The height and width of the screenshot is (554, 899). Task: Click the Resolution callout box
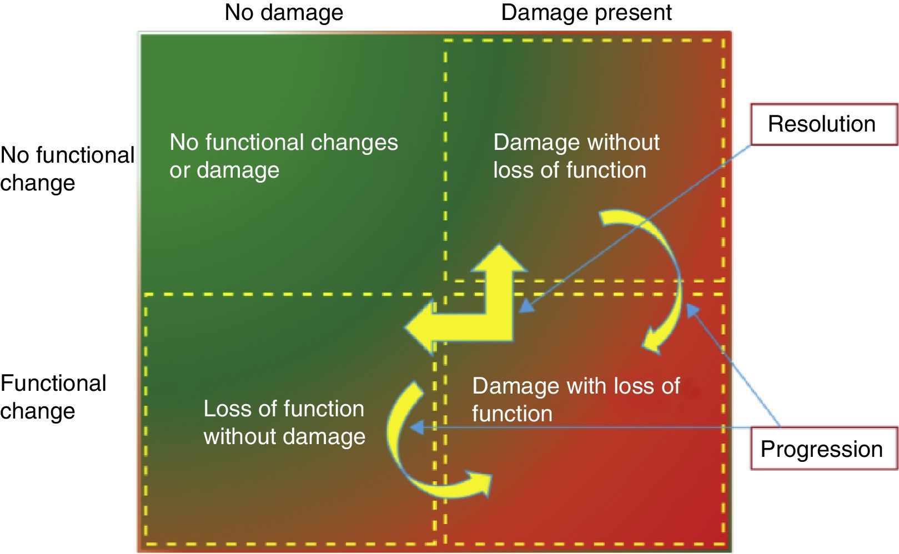pos(823,124)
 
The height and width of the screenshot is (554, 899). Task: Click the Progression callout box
pos(823,449)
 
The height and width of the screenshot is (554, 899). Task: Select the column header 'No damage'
pos(284,12)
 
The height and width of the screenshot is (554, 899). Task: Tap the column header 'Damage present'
pos(586,12)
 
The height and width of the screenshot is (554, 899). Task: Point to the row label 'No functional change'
pos(67,169)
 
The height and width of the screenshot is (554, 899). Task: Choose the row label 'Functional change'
pos(53,397)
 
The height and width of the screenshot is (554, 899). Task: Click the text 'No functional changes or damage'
pos(283,156)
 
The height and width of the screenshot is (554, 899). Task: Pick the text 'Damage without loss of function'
pos(575,156)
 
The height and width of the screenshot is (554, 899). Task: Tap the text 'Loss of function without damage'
pos(284,422)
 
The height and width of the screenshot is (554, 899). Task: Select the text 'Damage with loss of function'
pos(575,399)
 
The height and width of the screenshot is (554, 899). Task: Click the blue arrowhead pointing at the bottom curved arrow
pos(416,427)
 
